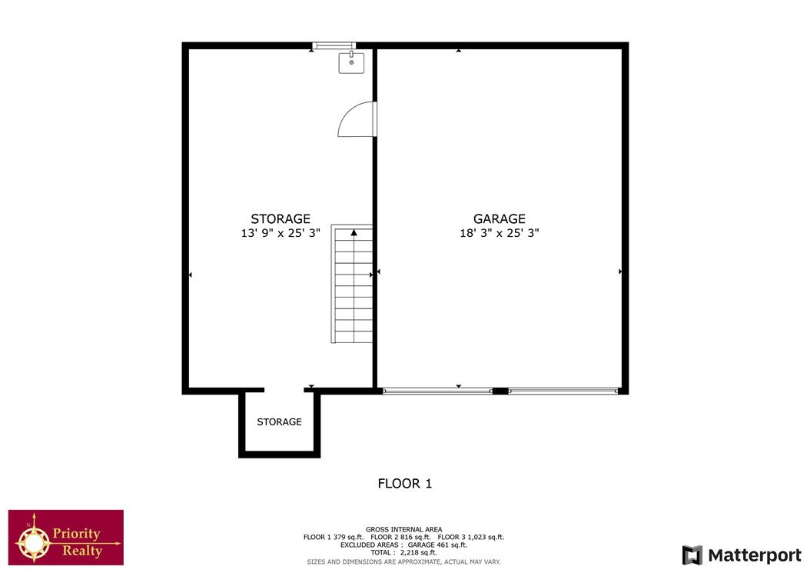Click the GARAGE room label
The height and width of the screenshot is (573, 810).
[x=499, y=218]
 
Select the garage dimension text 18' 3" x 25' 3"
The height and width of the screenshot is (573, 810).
[x=499, y=233]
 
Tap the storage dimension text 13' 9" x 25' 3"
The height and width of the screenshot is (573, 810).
[x=281, y=233]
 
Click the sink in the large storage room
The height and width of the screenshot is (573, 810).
[x=351, y=62]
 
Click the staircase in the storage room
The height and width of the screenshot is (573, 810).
[x=352, y=283]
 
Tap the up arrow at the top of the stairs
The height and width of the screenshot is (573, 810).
[x=354, y=233]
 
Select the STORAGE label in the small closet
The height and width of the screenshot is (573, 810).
[x=280, y=422]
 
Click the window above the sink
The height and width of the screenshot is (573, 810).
[x=334, y=45]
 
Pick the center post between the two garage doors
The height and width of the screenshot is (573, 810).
[x=500, y=391]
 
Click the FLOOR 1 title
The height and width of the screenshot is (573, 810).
[x=404, y=484]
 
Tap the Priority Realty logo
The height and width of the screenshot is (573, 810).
[x=65, y=538]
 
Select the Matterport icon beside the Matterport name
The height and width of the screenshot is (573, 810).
[x=692, y=555]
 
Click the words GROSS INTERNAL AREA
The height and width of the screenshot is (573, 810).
[x=404, y=530]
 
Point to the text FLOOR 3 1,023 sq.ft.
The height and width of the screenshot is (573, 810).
[x=470, y=538]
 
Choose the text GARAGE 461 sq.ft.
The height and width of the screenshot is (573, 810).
[x=437, y=545]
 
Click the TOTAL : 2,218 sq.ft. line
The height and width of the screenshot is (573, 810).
[x=403, y=553]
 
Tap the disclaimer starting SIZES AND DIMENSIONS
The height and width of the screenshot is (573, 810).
[x=403, y=561]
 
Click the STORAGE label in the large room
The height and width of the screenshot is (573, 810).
[x=281, y=218]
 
